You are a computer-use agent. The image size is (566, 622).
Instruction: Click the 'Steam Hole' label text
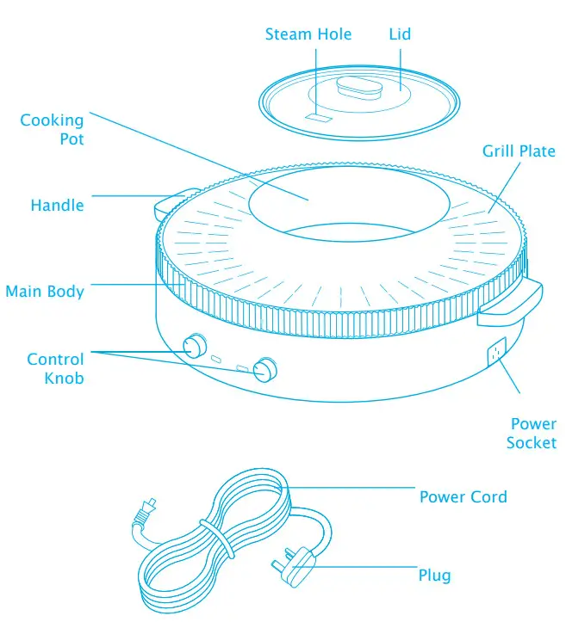(x=308, y=34)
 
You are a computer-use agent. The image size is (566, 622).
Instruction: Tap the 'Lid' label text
(x=400, y=34)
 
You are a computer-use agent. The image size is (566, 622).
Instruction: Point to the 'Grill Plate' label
(x=519, y=151)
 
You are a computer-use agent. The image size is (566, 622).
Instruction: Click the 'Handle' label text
(x=57, y=206)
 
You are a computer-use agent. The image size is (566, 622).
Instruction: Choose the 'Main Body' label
(x=45, y=292)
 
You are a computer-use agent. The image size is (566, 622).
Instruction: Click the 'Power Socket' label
(x=532, y=433)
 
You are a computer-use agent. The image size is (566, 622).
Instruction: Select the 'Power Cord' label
(x=463, y=497)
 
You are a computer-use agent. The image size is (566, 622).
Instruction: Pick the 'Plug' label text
(x=434, y=575)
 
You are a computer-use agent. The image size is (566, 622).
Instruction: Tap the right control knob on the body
(x=266, y=369)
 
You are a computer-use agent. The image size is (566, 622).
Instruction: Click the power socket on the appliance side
(x=497, y=352)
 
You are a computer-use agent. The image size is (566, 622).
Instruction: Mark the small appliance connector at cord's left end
(x=141, y=512)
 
